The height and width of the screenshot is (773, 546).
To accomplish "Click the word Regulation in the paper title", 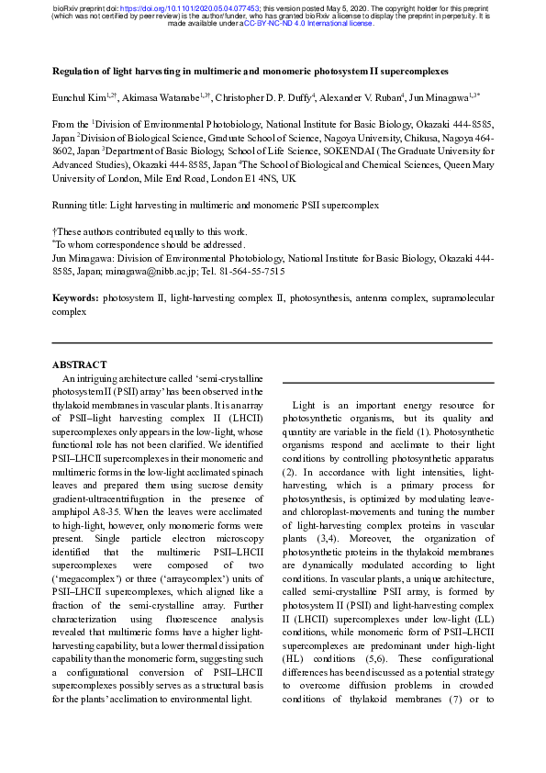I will pyautogui.click(x=78, y=70).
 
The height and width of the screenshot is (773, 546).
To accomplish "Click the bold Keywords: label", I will pyautogui.click(x=74, y=298).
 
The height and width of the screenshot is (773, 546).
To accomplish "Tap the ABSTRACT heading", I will pyautogui.click(x=80, y=364).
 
